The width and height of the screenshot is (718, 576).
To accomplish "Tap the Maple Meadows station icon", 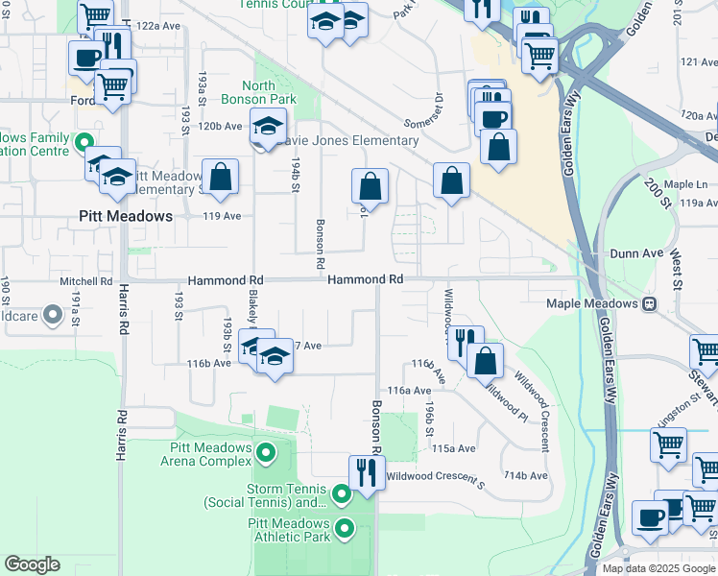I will click(650, 303).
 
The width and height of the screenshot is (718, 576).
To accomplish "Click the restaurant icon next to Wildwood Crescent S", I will click(366, 473).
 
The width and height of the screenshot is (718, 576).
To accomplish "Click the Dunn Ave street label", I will click(637, 253).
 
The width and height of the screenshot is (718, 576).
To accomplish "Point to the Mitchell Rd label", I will click(85, 281).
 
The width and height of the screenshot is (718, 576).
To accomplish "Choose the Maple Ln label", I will click(684, 183).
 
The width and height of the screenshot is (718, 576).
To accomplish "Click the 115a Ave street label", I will click(453, 448).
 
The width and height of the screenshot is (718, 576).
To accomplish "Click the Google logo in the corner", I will click(32, 564).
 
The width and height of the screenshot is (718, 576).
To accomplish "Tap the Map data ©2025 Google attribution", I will click(658, 567).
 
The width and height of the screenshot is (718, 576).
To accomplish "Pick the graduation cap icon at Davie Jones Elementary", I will click(268, 126).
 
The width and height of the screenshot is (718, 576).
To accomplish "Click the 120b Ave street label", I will click(220, 126).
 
